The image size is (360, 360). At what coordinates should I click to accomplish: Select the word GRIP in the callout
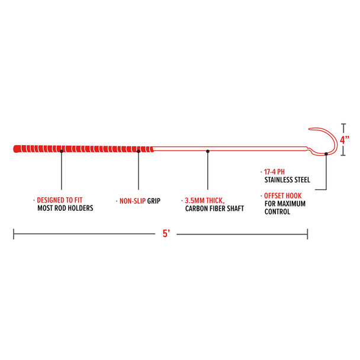(x=154, y=201)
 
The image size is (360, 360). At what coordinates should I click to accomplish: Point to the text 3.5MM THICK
(x=203, y=201)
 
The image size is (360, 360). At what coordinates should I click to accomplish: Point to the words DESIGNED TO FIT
(x=64, y=201)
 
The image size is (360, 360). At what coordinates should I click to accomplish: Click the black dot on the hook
(x=327, y=153)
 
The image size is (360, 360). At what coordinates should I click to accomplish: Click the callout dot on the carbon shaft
(x=207, y=151)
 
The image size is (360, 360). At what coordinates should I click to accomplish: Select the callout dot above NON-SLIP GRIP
(x=139, y=151)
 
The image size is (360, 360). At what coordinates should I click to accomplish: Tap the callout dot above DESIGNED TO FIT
(x=62, y=151)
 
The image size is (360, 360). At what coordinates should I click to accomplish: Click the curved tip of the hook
(x=310, y=131)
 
